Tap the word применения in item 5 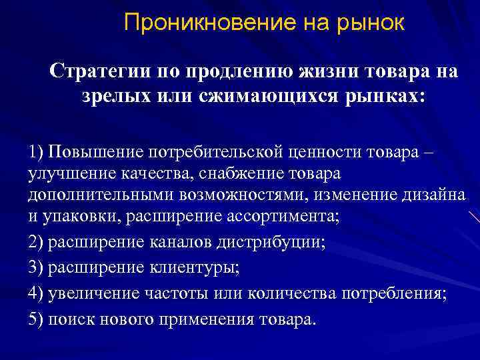(208, 319)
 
